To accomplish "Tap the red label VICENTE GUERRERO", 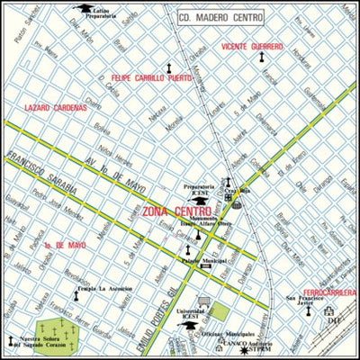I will [253, 46].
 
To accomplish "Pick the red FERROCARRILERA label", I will [328, 292].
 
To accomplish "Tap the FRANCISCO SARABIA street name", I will [35, 171].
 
